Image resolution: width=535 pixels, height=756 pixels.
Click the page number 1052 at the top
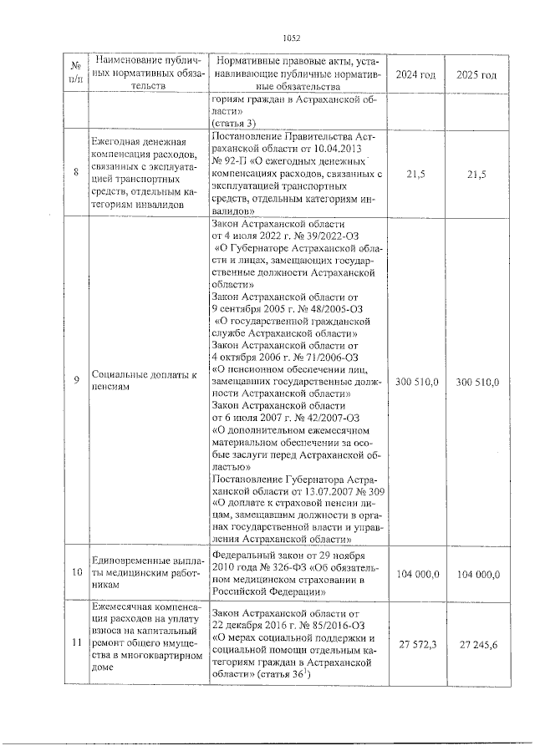[x=291, y=38]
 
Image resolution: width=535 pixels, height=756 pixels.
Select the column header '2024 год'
[x=415, y=74]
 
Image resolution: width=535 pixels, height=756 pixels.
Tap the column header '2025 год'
[x=477, y=74]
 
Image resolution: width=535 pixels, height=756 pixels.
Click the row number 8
[x=76, y=173]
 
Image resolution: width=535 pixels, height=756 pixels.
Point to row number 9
[x=76, y=381]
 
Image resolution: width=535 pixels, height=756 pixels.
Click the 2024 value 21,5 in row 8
[x=415, y=173]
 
